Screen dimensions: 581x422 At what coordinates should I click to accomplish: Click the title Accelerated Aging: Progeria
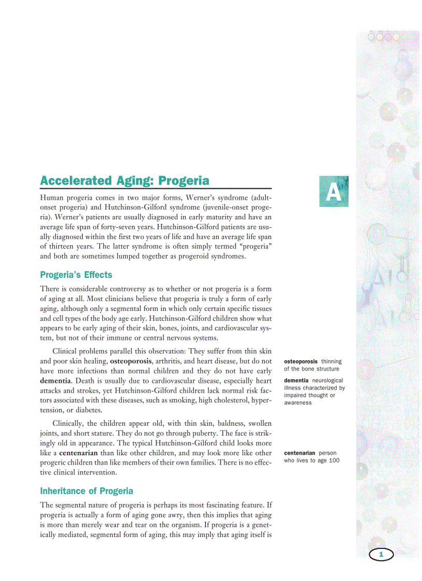click(x=125, y=181)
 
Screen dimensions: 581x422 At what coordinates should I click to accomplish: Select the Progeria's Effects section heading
click(x=76, y=275)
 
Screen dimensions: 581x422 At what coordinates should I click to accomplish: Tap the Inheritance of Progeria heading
click(x=86, y=491)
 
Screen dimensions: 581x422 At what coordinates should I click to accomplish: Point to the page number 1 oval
click(x=381, y=555)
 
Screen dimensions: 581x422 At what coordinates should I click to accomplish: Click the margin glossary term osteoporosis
click(x=301, y=361)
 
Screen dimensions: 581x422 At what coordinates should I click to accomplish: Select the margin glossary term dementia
click(x=296, y=380)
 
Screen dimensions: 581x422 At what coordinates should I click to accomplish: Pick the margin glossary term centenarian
click(x=299, y=453)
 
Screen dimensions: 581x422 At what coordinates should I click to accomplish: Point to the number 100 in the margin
click(x=334, y=460)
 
